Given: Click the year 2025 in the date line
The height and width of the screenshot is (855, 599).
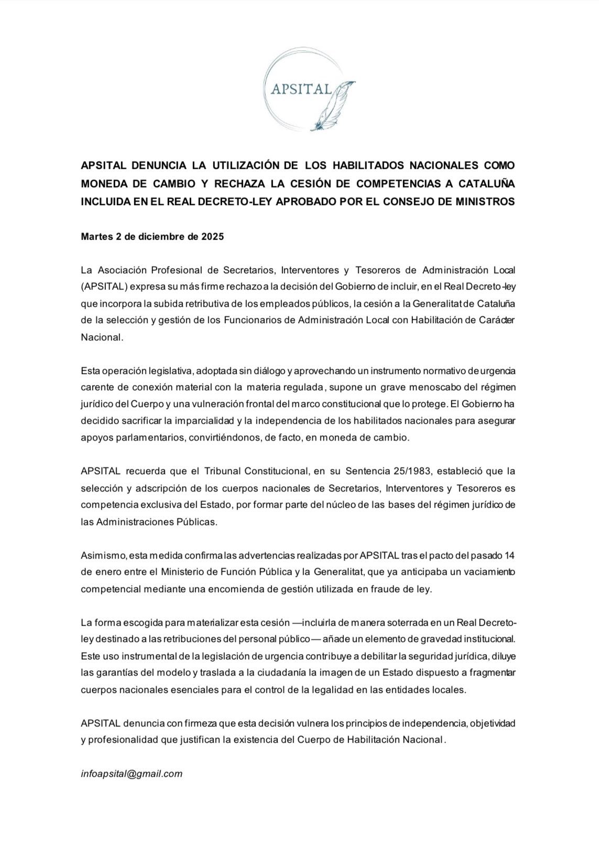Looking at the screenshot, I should coord(212,237).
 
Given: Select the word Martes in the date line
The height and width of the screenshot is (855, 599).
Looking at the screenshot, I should coord(95,237).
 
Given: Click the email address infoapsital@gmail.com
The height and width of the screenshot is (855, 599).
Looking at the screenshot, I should coord(132,773).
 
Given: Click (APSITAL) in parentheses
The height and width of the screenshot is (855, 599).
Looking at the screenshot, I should coord(104,287).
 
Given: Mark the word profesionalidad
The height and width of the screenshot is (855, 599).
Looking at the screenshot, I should coord(124,740).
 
